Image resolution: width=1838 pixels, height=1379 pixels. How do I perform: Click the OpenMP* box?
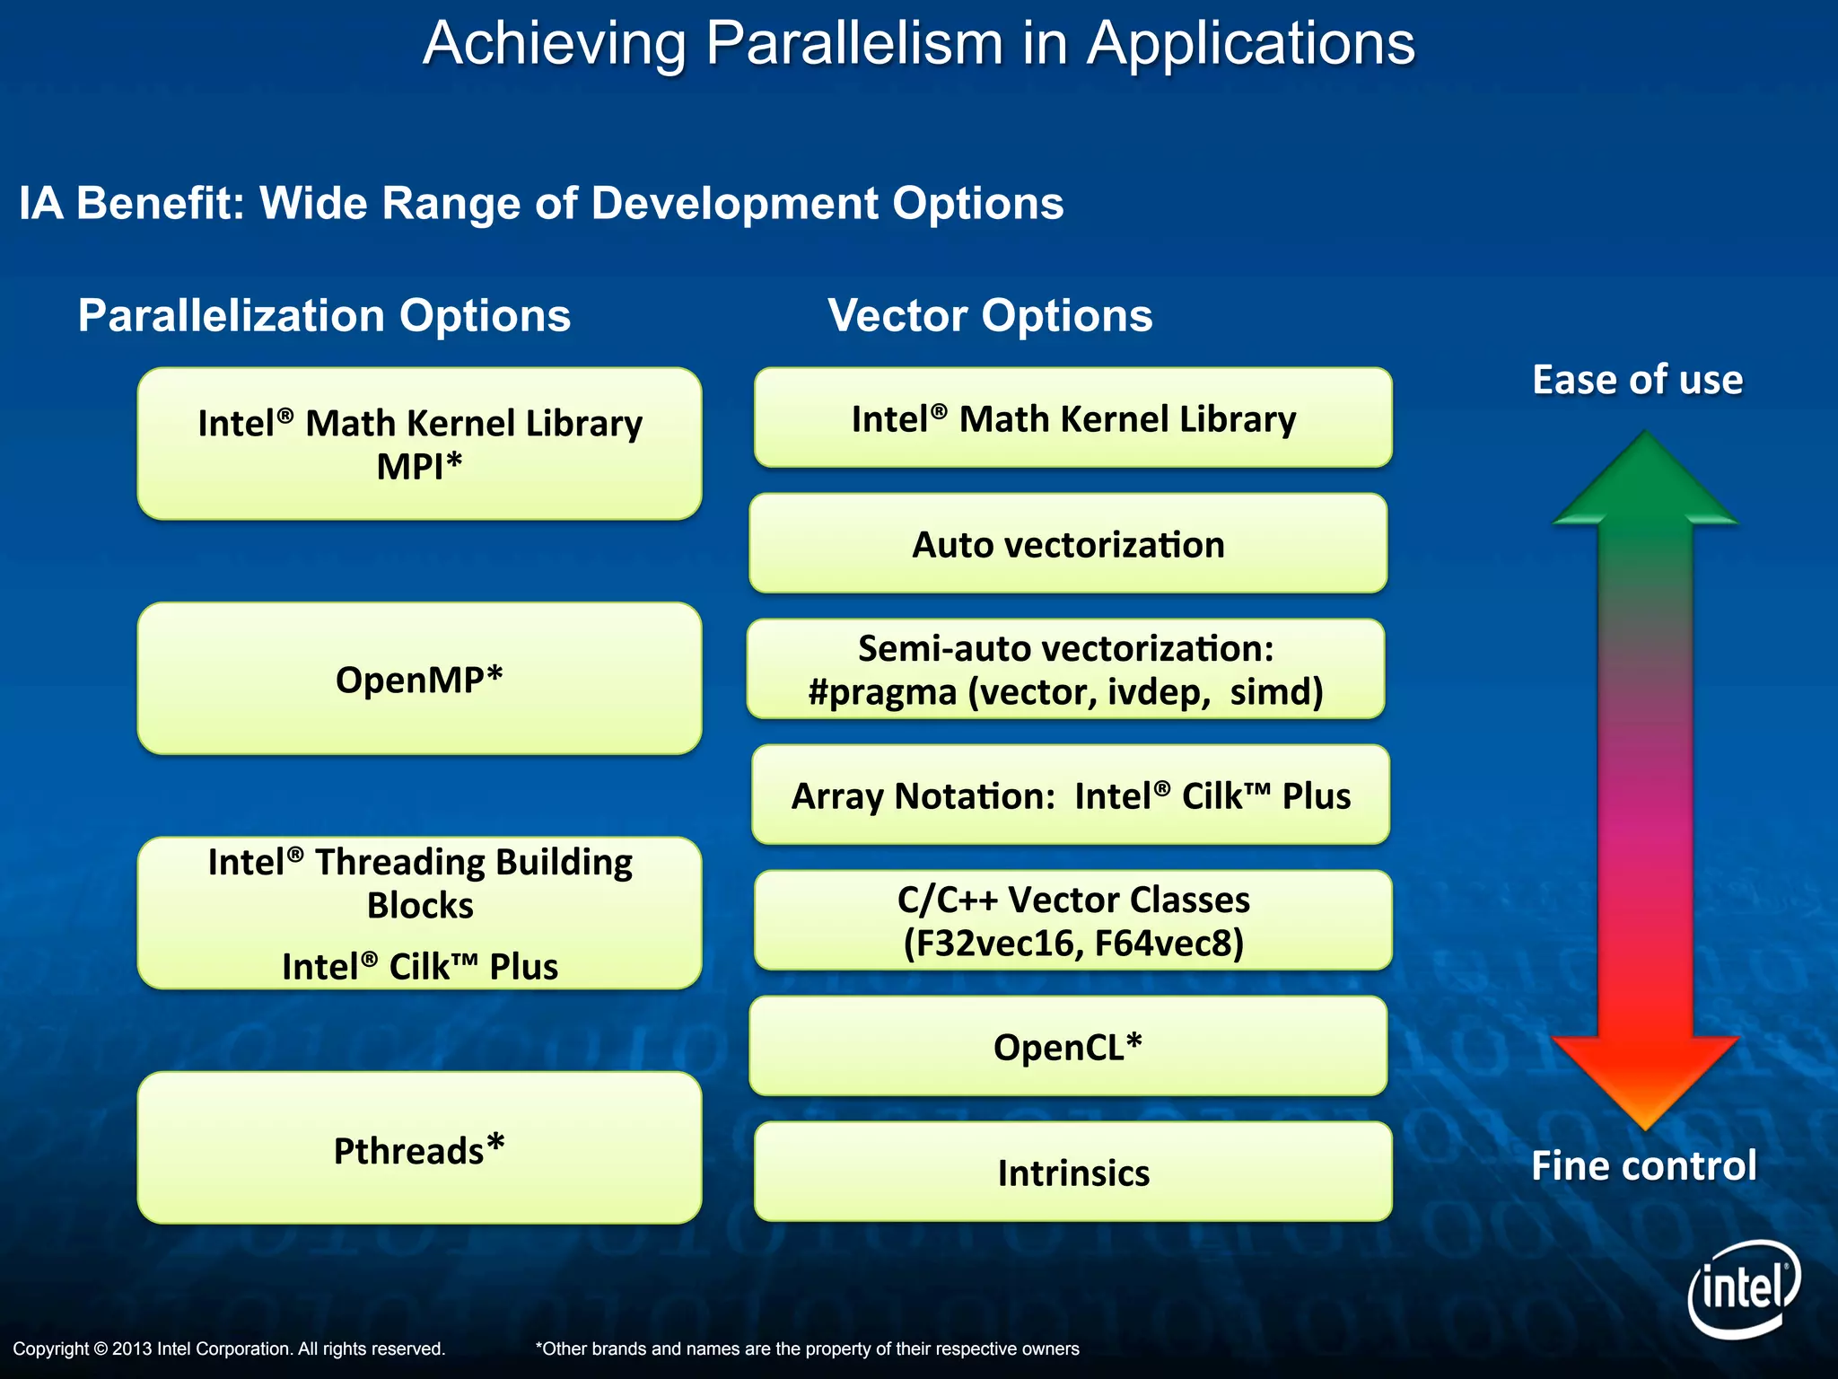419,679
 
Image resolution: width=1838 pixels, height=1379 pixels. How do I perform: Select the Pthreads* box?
419,1149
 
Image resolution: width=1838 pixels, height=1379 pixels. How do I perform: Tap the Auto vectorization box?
1068,544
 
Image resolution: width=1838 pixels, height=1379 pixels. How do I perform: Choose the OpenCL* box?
1068,1047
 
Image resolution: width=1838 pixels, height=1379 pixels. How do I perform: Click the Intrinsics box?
1072,1173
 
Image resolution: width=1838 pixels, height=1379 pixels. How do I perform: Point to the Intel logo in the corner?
1744,1289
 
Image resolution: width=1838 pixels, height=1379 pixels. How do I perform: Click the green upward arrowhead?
1645,480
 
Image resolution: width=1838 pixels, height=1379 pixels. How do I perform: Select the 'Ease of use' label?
1637,380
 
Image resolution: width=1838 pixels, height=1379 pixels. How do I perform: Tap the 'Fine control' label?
1643,1165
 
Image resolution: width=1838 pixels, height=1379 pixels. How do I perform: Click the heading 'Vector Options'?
990,315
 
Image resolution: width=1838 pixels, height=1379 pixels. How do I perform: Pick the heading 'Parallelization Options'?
324,315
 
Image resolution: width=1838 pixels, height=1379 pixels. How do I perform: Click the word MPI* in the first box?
419,467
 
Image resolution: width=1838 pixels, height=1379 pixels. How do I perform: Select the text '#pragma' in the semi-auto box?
881,692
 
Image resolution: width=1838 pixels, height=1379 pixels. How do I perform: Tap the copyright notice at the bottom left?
229,1348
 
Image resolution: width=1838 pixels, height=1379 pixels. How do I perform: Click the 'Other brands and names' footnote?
807,1348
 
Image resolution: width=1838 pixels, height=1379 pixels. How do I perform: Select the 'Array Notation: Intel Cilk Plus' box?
1070,795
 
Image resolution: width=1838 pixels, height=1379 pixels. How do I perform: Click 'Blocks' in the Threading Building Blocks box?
419,905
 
